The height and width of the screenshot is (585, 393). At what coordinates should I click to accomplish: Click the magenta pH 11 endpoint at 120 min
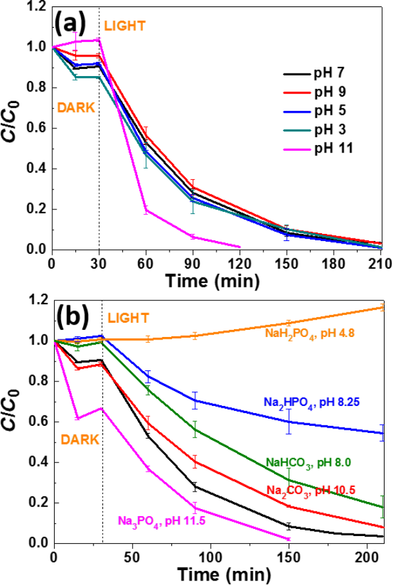240,247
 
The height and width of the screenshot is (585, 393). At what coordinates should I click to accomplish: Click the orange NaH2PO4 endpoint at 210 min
383,307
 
